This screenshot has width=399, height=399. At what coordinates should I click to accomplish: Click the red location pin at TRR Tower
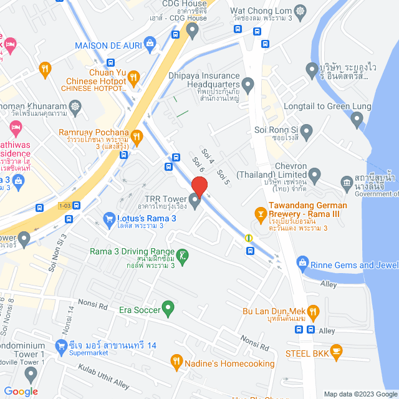point(199,186)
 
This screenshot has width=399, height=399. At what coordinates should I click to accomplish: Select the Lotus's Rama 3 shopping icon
point(108,219)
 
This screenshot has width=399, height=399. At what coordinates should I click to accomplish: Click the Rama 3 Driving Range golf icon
point(182,256)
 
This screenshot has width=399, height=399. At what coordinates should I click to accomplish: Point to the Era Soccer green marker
point(167,307)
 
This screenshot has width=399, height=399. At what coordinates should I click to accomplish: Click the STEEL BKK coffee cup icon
point(336,352)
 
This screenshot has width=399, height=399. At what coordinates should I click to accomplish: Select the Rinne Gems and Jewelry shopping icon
point(302,262)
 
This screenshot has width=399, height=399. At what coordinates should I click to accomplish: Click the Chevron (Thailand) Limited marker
point(314,175)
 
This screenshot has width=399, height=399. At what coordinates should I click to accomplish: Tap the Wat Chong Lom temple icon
point(301,11)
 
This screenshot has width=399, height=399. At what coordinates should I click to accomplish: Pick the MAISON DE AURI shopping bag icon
point(149,43)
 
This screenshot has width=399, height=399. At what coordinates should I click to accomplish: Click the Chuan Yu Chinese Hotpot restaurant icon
point(133,77)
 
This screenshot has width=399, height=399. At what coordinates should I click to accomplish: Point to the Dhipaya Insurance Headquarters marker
point(248,84)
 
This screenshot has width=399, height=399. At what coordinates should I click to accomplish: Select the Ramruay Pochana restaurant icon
point(138,135)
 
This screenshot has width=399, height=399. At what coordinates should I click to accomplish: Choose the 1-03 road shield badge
point(64,206)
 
